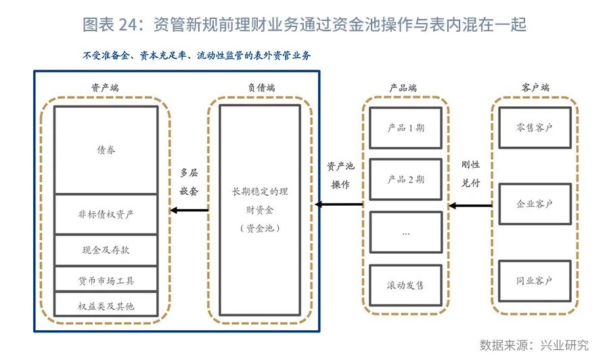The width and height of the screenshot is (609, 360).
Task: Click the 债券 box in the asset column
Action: pos(106,150)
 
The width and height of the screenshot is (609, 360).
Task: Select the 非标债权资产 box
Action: pos(106,215)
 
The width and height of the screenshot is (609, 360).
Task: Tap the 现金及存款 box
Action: pos(106,250)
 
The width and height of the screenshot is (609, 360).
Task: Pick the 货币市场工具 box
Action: pos(106,279)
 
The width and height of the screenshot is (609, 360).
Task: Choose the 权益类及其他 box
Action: pos(106,305)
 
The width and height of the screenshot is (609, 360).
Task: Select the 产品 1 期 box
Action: pos(406,127)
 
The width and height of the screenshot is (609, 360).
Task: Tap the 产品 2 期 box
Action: pos(406,179)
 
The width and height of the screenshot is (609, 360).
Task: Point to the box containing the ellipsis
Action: pos(406,232)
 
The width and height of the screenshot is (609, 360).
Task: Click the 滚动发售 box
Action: pos(406,285)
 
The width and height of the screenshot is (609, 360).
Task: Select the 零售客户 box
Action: pos(535,127)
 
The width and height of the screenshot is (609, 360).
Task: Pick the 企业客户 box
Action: pos(535,204)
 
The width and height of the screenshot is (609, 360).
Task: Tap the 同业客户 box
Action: pos(535,280)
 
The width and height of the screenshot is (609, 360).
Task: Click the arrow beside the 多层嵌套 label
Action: pos(189,210)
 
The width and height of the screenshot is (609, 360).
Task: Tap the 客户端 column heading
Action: pos(535,88)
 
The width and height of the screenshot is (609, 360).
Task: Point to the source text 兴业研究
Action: pos(564,344)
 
